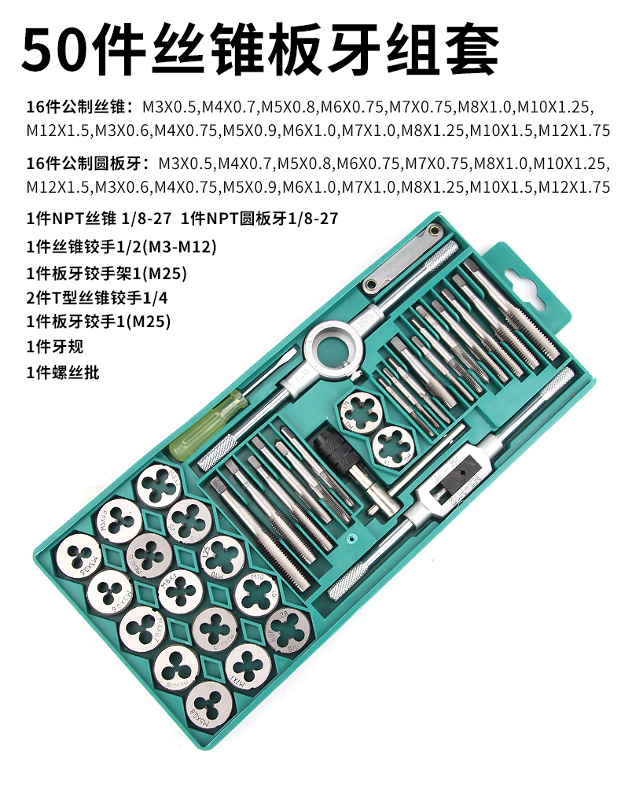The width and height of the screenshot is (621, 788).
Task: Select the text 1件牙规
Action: pos(54,346)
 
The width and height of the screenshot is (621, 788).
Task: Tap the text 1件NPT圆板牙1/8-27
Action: pos(259,219)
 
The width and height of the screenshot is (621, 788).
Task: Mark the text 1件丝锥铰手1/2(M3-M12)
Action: pos(121,247)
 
